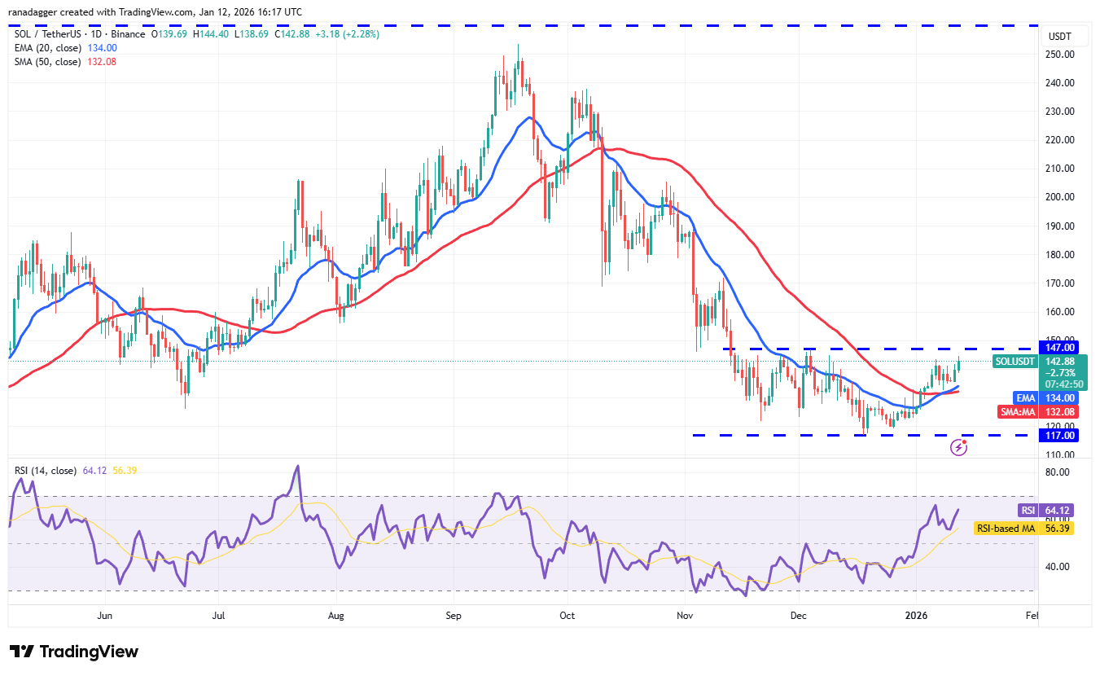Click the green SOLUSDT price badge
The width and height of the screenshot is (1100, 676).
click(x=1015, y=362)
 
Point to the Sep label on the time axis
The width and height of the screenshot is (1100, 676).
click(x=454, y=616)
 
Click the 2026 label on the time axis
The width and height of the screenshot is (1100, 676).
click(x=917, y=616)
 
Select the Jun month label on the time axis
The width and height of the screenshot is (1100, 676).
click(x=105, y=616)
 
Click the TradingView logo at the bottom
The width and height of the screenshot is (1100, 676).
click(x=74, y=652)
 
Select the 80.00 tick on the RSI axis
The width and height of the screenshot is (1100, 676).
click(x=1058, y=472)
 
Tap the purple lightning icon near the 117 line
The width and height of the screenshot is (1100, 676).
click(x=959, y=447)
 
